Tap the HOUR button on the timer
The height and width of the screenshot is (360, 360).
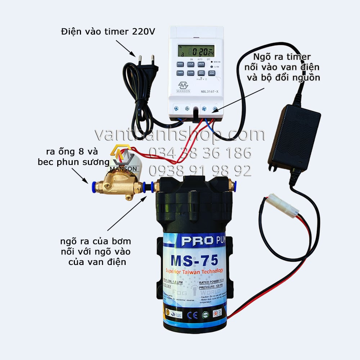point(190,64)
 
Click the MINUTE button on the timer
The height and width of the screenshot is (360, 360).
point(201,64)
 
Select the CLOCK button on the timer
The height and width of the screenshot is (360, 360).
point(190,73)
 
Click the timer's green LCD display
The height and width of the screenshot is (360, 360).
point(197,51)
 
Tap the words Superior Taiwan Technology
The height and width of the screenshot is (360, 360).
point(194,271)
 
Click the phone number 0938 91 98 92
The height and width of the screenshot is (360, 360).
point(200,171)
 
